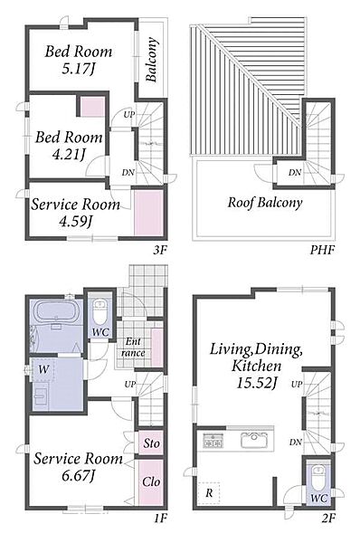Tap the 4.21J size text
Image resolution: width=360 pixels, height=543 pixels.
point(69,155)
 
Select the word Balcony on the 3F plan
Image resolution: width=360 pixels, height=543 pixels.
point(152,60)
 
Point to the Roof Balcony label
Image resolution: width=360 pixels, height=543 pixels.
point(265,202)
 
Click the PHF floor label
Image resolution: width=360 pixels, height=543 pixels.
point(322,250)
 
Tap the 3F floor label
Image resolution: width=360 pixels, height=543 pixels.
point(160,250)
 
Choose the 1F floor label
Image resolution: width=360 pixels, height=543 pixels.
point(160,518)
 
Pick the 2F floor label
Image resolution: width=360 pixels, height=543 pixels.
point(328,518)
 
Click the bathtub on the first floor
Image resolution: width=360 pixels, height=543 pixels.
point(57,311)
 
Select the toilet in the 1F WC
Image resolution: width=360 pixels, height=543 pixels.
point(100,311)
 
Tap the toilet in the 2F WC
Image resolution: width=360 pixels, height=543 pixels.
point(318,478)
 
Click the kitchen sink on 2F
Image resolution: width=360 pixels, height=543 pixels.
point(254,441)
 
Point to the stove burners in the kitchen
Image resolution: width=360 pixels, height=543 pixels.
point(213,441)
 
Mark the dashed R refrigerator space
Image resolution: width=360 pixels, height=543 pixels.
point(209,492)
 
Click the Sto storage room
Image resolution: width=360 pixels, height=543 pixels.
point(151,443)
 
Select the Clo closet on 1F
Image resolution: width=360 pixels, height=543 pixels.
point(151,481)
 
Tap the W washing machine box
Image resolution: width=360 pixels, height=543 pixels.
point(43,370)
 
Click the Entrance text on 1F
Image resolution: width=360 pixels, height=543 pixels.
point(133,348)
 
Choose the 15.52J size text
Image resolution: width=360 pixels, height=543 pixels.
point(257,382)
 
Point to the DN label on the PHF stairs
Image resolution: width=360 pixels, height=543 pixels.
point(295,172)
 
